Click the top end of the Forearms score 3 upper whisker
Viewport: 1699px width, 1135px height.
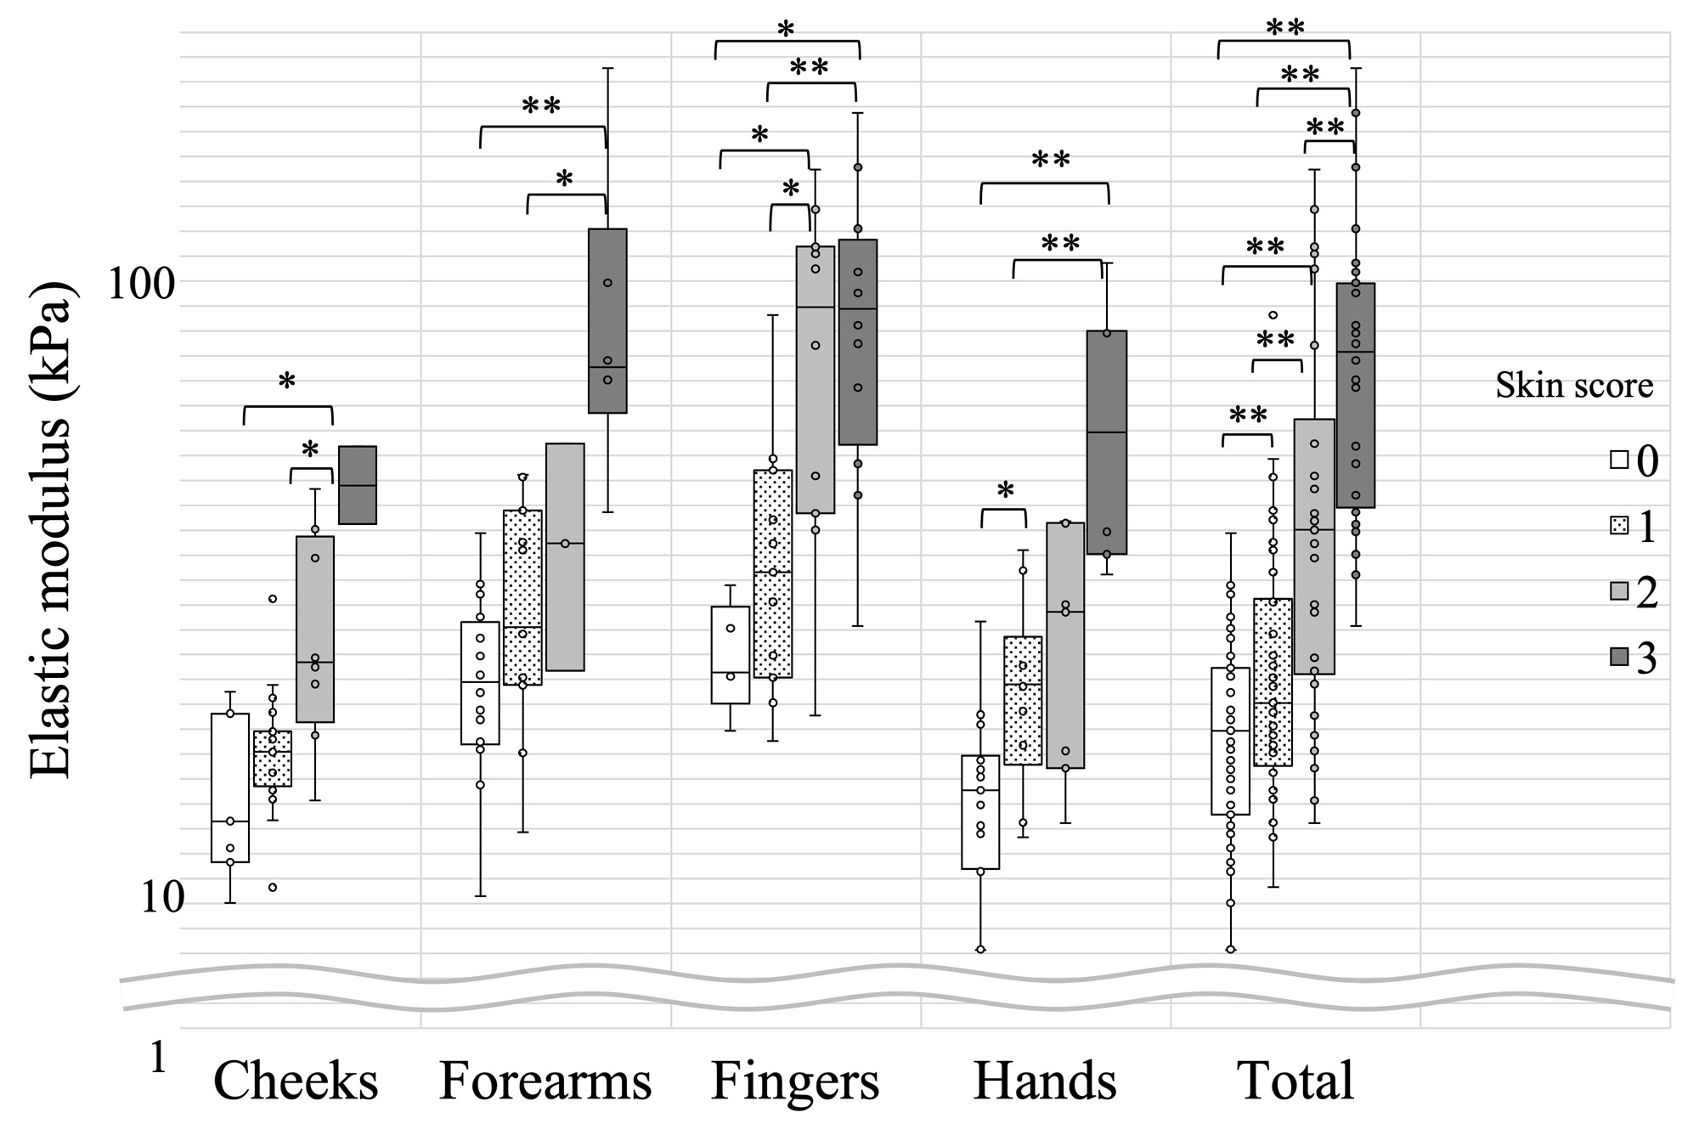point(608,68)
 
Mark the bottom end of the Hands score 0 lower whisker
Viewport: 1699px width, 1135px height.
point(980,950)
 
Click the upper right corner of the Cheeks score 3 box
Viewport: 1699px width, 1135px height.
point(376,447)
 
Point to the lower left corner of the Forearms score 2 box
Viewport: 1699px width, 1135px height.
point(547,670)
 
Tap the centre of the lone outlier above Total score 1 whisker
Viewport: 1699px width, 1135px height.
point(1273,315)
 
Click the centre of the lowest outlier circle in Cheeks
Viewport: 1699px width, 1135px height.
point(273,888)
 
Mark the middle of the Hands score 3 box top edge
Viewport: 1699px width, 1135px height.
point(1107,331)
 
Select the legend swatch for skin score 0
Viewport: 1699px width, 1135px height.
point(1619,460)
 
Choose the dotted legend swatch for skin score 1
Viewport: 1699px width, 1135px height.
point(1619,527)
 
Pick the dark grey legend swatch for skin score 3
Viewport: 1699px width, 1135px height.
point(1619,657)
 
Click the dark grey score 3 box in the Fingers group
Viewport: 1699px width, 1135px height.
point(858,342)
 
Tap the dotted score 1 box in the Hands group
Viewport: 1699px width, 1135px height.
point(1023,701)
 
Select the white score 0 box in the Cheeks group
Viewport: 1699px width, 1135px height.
point(230,788)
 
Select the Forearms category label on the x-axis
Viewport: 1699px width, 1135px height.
point(545,1081)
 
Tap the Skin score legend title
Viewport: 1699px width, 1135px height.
point(1574,386)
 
